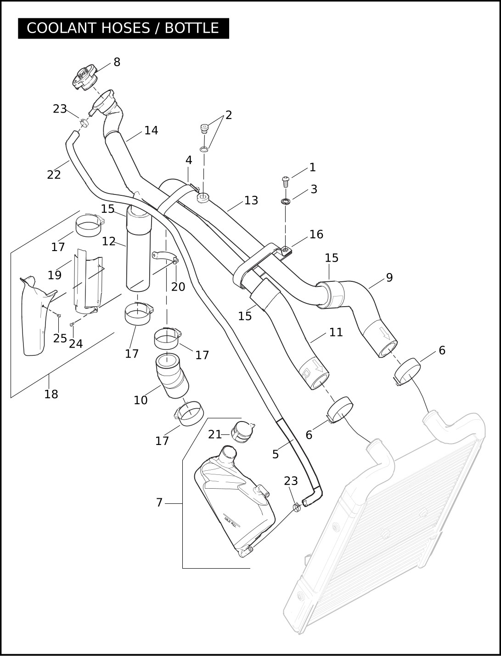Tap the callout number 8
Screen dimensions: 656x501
coord(117,62)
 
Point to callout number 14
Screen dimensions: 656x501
coord(151,131)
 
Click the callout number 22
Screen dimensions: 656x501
coord(54,175)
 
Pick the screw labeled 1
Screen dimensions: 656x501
coord(285,181)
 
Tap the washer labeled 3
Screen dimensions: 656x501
coord(285,201)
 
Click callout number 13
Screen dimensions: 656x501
coord(251,200)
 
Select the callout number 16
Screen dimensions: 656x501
coord(316,234)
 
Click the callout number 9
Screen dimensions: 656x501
coord(389,278)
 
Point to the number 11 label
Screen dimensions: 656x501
coord(336,332)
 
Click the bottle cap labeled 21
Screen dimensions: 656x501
coord(242,432)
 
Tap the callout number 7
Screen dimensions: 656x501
coord(159,502)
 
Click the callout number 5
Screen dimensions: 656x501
coord(276,454)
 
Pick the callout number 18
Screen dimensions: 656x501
coord(51,394)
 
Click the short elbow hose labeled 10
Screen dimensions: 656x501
coord(171,375)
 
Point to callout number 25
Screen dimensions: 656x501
coord(59,338)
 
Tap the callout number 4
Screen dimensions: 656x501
coord(189,160)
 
